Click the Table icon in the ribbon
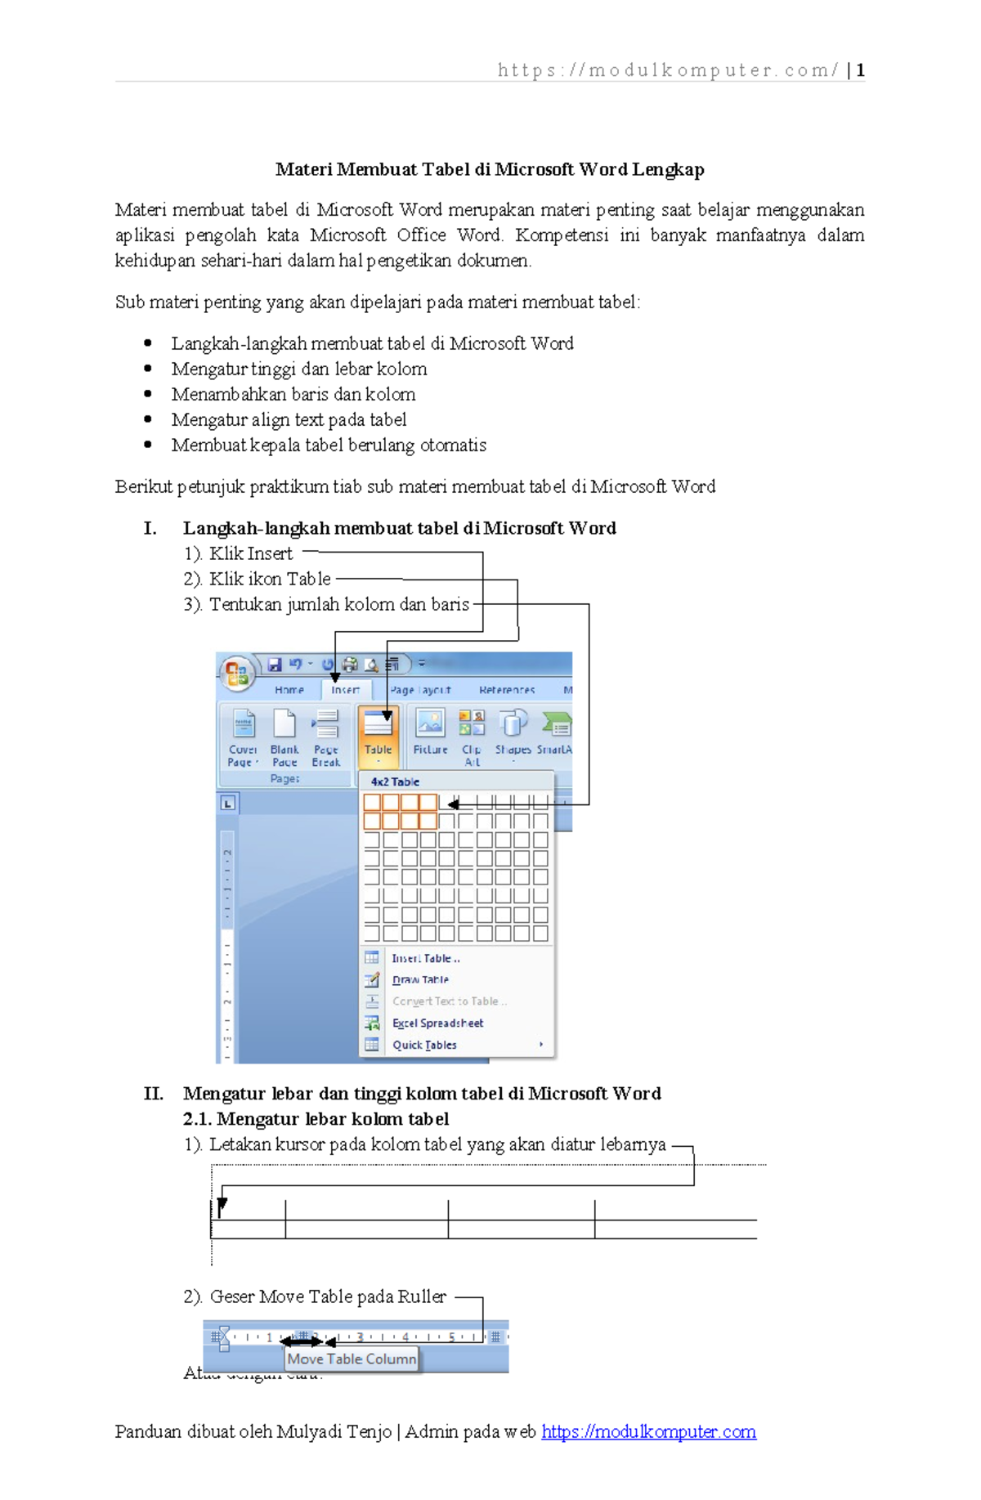click(x=378, y=734)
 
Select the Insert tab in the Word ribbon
click(x=345, y=690)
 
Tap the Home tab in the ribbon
click(x=289, y=690)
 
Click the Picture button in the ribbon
click(x=430, y=732)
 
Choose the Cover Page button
click(x=243, y=736)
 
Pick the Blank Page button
click(x=284, y=736)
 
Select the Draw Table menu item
click(x=420, y=979)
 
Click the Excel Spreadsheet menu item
click(x=437, y=1023)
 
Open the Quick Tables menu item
click(x=424, y=1045)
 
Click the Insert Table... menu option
click(x=425, y=958)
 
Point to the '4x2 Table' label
click(x=395, y=781)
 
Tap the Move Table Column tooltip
click(x=352, y=1359)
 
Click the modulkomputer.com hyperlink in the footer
click(x=648, y=1431)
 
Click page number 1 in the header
click(x=860, y=70)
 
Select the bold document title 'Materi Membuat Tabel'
click(x=490, y=169)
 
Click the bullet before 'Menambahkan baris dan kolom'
click(x=148, y=394)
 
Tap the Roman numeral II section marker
click(x=154, y=1094)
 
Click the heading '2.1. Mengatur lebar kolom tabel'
click(x=316, y=1119)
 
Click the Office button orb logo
click(x=236, y=673)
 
